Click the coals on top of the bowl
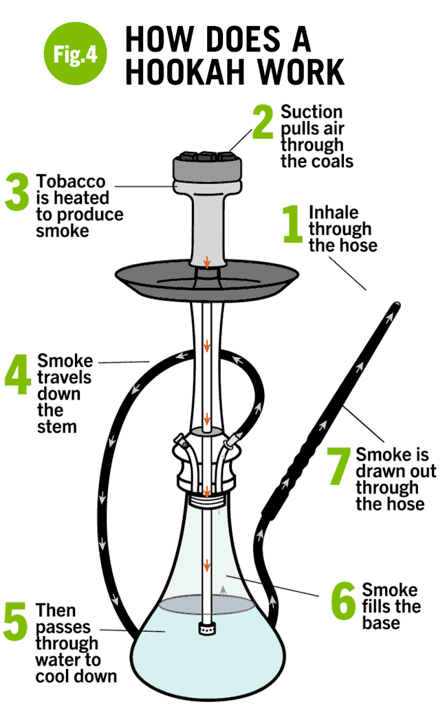click(x=207, y=155)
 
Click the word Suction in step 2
click(x=312, y=112)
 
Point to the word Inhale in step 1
click(x=334, y=212)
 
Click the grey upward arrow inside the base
click(x=223, y=589)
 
